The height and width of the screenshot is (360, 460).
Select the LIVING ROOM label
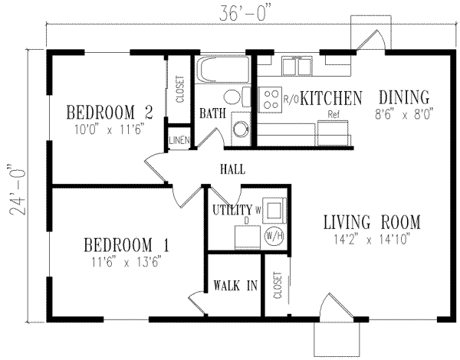coord(372,222)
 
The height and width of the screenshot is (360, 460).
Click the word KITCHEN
coord(330,98)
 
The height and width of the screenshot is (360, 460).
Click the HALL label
coord(232,168)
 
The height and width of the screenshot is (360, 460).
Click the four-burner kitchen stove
coord(271,98)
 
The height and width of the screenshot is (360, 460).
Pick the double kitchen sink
coord(298,68)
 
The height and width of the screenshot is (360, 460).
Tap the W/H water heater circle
coord(274,236)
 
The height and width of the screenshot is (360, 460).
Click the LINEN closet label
coord(179,139)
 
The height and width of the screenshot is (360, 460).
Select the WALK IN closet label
coord(235,288)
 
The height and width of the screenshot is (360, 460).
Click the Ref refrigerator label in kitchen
coord(333,115)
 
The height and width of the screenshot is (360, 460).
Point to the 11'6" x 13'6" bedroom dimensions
coord(127,263)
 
